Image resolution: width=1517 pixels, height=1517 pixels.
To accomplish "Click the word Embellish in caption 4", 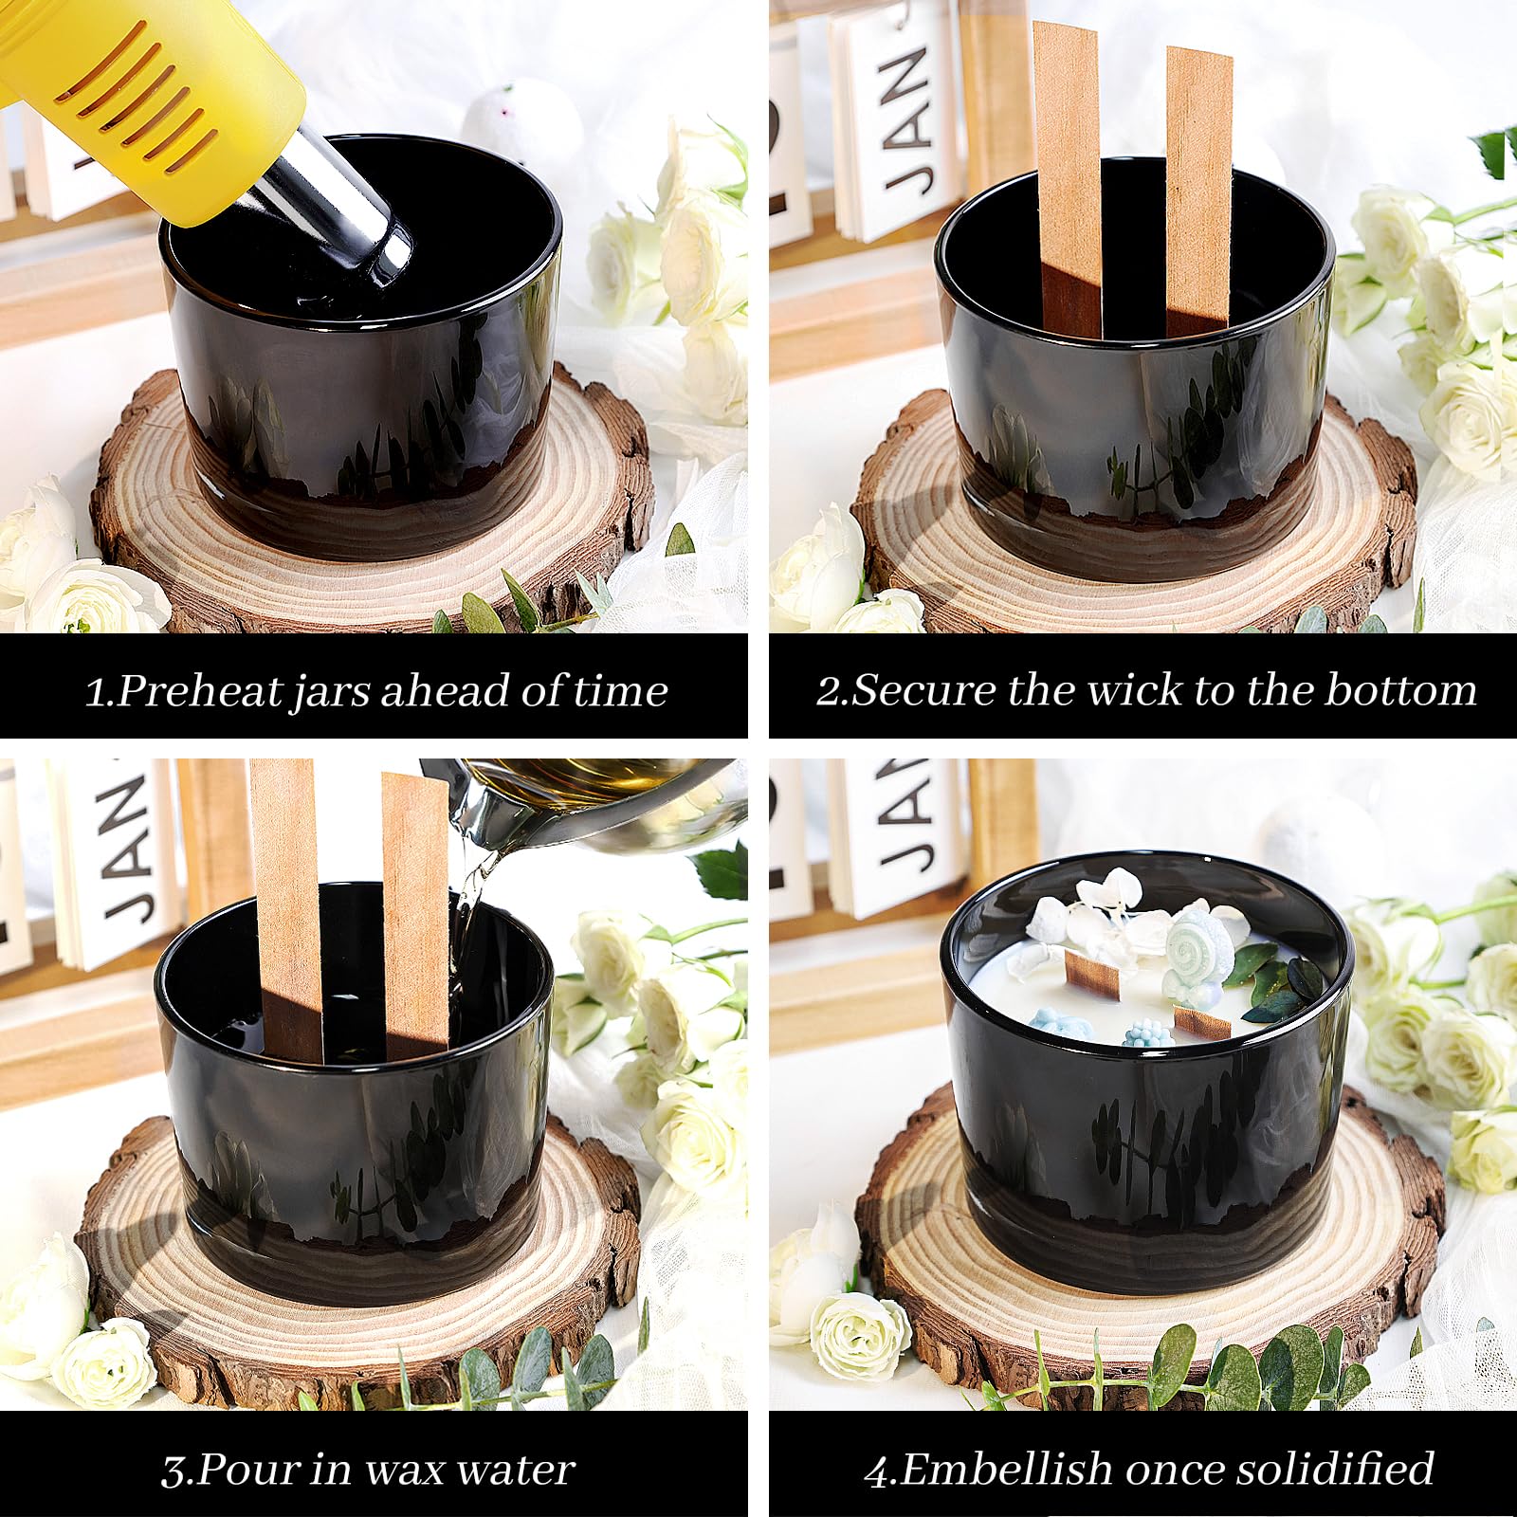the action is [1005, 1469].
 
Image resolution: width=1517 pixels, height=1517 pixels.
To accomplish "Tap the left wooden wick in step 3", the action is [286, 910].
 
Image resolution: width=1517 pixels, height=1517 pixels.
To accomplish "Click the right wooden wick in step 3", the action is [415, 915].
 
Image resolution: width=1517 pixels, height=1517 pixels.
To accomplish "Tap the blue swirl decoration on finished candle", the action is [1199, 948].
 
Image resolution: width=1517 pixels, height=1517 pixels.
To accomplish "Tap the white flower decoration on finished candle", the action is [1109, 910].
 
